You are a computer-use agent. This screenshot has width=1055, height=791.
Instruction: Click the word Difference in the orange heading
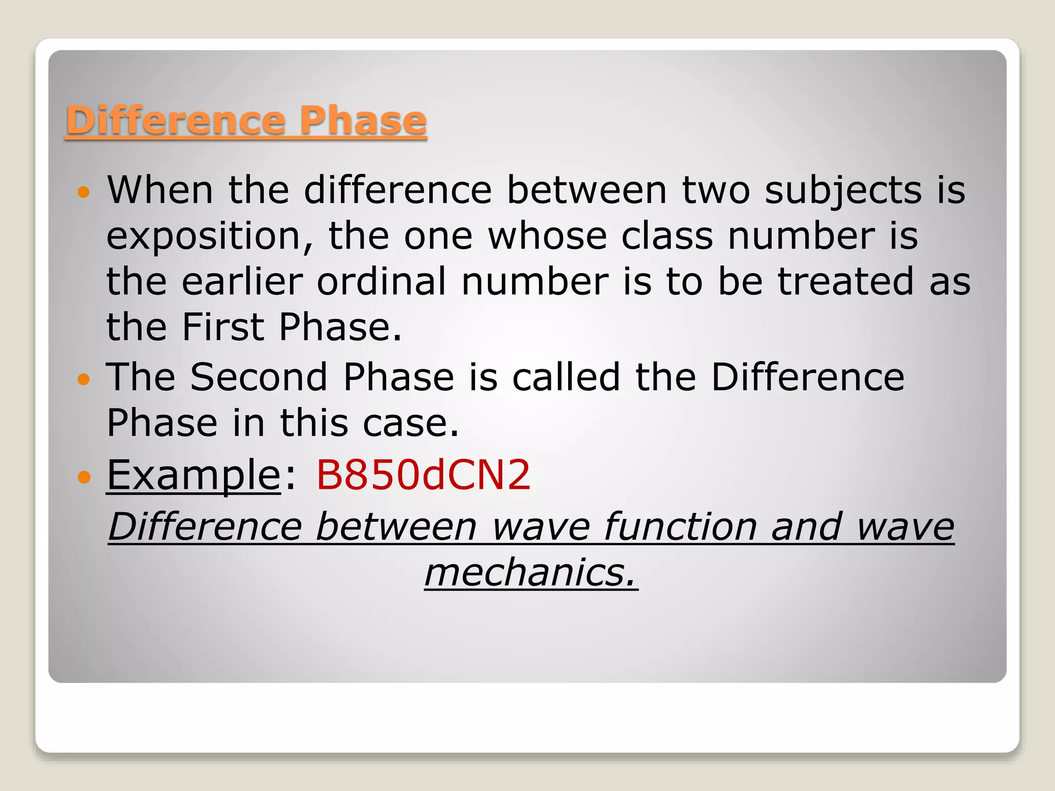tap(175, 121)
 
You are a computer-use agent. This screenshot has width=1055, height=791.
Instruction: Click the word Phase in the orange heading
tap(363, 121)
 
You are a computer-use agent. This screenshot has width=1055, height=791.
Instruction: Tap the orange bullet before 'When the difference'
tap(83, 193)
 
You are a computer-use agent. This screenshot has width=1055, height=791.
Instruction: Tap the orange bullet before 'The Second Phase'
tap(83, 380)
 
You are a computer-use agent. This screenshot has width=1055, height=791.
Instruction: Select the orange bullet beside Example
tap(83, 477)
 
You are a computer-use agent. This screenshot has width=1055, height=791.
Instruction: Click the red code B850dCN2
tap(422, 475)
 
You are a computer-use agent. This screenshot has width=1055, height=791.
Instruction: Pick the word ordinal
tap(381, 282)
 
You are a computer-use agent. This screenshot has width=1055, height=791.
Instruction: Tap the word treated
tap(845, 282)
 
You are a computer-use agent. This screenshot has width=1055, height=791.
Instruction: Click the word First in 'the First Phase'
tap(223, 328)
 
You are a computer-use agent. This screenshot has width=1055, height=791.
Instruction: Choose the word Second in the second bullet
tap(259, 377)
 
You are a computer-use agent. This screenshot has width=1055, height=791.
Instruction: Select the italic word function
tap(680, 527)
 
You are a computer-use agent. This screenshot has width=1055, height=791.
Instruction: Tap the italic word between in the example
tap(396, 527)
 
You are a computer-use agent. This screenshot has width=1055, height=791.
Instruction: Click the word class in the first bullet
tap(667, 237)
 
